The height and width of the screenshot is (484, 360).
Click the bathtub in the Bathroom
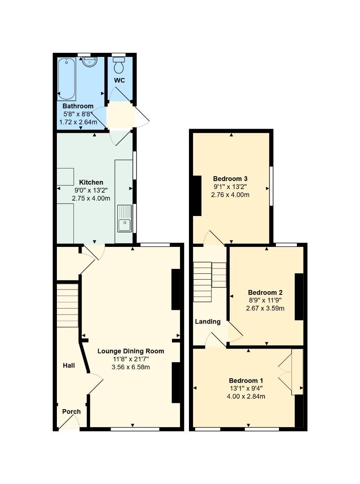[66, 79]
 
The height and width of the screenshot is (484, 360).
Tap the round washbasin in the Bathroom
[90, 61]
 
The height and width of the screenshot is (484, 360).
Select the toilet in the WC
[119, 64]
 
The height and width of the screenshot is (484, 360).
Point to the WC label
[120, 80]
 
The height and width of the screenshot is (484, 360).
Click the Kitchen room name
[91, 182]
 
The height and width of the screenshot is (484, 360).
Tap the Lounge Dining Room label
[131, 351]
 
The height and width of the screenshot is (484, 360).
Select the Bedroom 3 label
[230, 178]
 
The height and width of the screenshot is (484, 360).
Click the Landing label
[208, 322]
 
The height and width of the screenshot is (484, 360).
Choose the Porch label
[71, 411]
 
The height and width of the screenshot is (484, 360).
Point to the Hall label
[69, 366]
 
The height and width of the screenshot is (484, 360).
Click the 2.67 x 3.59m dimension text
[265, 308]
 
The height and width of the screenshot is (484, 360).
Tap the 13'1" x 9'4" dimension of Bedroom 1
[246, 388]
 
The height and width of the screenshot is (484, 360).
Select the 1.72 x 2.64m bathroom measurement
[78, 122]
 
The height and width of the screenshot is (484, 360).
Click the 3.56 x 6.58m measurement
[131, 367]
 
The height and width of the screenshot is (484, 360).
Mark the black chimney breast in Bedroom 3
[197, 196]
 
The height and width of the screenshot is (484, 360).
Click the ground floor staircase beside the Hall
[67, 305]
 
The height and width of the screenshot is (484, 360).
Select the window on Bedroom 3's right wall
[271, 186]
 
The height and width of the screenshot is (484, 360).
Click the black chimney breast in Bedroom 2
[299, 297]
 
